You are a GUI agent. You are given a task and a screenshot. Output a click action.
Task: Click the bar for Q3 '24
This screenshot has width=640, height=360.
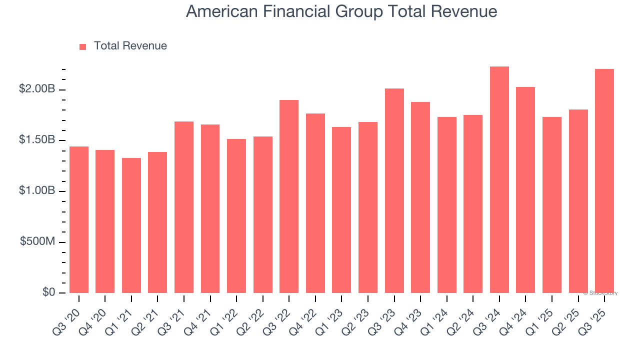(x=499, y=180)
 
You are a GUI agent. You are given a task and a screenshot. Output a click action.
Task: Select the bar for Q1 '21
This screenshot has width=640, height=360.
(x=131, y=225)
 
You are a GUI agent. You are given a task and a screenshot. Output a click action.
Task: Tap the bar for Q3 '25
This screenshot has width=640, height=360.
(x=604, y=181)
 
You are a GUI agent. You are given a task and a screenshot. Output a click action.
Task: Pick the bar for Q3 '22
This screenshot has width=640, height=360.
(x=289, y=196)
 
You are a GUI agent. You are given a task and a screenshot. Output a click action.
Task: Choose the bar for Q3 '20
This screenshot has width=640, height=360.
(x=79, y=219)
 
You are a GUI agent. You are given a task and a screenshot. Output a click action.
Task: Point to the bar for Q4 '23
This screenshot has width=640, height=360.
(x=420, y=197)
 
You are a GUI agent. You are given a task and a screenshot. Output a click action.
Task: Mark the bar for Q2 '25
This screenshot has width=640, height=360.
(x=578, y=201)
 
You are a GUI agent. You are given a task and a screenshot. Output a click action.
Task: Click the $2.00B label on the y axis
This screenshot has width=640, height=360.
(x=37, y=89)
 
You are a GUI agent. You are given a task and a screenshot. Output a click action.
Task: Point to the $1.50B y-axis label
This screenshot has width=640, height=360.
(x=37, y=140)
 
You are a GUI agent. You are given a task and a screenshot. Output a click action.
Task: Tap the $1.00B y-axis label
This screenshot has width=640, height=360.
(x=37, y=191)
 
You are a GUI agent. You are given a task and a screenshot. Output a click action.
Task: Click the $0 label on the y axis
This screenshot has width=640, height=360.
(x=48, y=292)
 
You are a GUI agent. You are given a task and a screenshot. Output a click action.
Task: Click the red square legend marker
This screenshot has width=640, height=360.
(x=83, y=46)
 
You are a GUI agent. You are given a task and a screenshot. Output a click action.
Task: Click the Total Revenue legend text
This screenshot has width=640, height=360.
(x=130, y=46)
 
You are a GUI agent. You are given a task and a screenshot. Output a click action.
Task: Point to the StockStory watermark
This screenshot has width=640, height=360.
(x=600, y=293)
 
